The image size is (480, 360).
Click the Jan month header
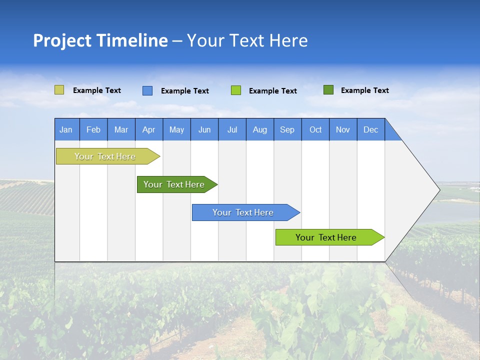pos(66,129)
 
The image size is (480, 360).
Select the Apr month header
pos(149,129)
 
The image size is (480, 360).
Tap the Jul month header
pos(232,129)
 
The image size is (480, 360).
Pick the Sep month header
pos(287,129)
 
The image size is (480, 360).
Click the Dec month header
pos(371,129)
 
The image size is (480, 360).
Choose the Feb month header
pos(93,129)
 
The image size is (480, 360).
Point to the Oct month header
pos(315,129)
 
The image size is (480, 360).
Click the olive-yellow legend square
pos(59,90)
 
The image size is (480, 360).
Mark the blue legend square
pos(147,90)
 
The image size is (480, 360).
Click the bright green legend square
pos(236,90)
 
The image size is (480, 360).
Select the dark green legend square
pos(328,90)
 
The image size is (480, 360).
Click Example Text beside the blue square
pos(184,91)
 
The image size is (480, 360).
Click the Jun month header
pos(204,129)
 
